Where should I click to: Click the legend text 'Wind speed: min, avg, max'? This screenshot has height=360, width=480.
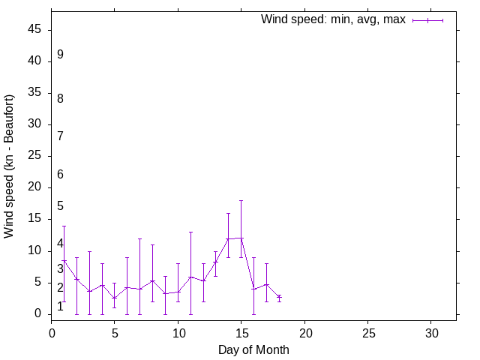coord(333,19)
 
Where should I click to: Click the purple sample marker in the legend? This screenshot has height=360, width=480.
coord(427,20)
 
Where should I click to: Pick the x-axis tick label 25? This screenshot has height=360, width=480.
coord(367,332)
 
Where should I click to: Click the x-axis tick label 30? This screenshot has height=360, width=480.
coord(430,332)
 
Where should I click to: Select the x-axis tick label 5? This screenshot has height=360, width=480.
coord(115,332)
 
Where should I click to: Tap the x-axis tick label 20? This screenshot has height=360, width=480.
coord(304,332)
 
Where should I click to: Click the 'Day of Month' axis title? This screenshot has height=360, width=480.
coord(253,349)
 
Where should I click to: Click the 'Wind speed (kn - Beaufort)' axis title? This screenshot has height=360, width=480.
coord(10,166)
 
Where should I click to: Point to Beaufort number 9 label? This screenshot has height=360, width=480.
coord(60,55)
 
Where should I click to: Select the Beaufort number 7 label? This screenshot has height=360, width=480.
coord(60,136)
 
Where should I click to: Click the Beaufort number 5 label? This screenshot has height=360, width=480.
coord(60,206)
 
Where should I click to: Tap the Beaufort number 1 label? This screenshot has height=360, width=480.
coord(60,307)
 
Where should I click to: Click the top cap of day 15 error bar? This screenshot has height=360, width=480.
coord(241,200)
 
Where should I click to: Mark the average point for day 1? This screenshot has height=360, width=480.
coord(64,260)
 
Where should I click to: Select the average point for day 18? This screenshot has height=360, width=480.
coord(279,297)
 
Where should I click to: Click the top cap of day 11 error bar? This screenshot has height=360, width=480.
coord(190,232)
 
